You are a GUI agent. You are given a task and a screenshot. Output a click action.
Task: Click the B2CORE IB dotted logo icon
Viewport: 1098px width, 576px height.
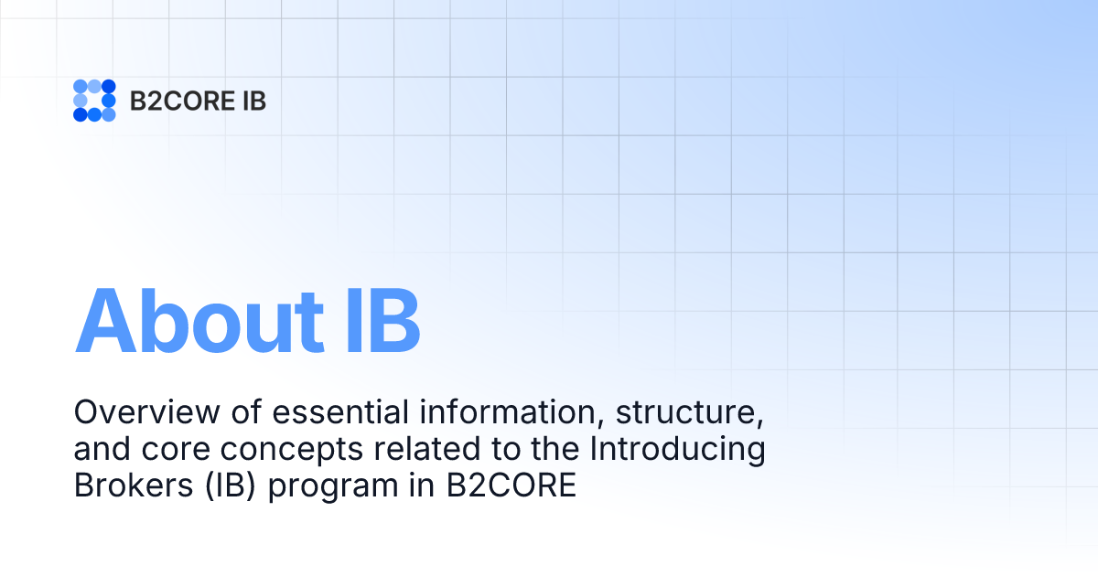94,101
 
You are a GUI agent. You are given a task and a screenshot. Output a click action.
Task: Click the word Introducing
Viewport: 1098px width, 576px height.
675,452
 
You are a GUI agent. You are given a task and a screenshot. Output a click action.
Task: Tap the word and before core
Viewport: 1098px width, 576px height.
100,450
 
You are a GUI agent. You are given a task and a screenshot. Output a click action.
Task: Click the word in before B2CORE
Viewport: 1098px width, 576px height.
422,486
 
